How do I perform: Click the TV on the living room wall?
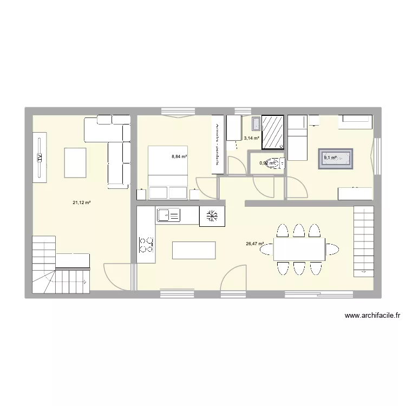click(x=40, y=157)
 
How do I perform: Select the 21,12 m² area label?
click(x=82, y=202)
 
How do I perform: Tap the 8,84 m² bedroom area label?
click(x=179, y=157)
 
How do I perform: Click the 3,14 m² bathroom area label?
click(x=251, y=138)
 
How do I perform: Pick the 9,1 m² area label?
click(x=330, y=158)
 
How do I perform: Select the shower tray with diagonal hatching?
click(x=272, y=132)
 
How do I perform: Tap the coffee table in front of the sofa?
click(x=75, y=162)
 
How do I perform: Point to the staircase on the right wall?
click(x=363, y=241)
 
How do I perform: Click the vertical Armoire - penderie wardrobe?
click(x=217, y=145)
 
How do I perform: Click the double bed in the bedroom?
click(x=168, y=172)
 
